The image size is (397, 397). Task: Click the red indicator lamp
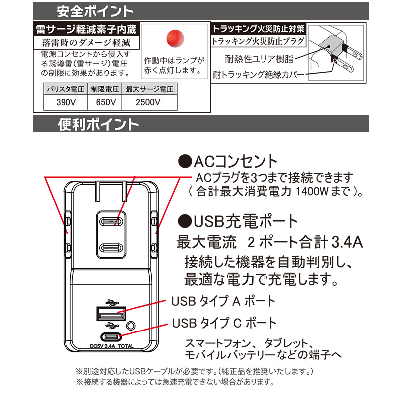coord(175,38)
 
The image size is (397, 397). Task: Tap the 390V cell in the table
coord(66,102)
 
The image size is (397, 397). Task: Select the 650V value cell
coord(105,102)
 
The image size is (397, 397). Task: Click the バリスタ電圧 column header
coord(66,89)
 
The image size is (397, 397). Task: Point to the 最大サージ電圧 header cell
coord(149,89)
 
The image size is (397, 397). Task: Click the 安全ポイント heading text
coord(95,11)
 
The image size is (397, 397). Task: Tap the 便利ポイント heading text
coord(98,124)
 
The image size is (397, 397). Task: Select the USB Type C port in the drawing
coord(111,337)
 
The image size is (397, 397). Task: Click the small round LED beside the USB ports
coord(131,326)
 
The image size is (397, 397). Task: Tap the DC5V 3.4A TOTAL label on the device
coord(112,346)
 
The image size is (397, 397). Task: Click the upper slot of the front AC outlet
coord(111,222)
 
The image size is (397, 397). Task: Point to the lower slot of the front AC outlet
coord(111,248)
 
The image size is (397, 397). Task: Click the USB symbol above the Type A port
coord(112,302)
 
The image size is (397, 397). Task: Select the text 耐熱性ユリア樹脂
coord(259,59)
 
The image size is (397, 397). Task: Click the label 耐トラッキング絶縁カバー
coord(258,75)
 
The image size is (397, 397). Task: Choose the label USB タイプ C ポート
coord(224,323)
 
